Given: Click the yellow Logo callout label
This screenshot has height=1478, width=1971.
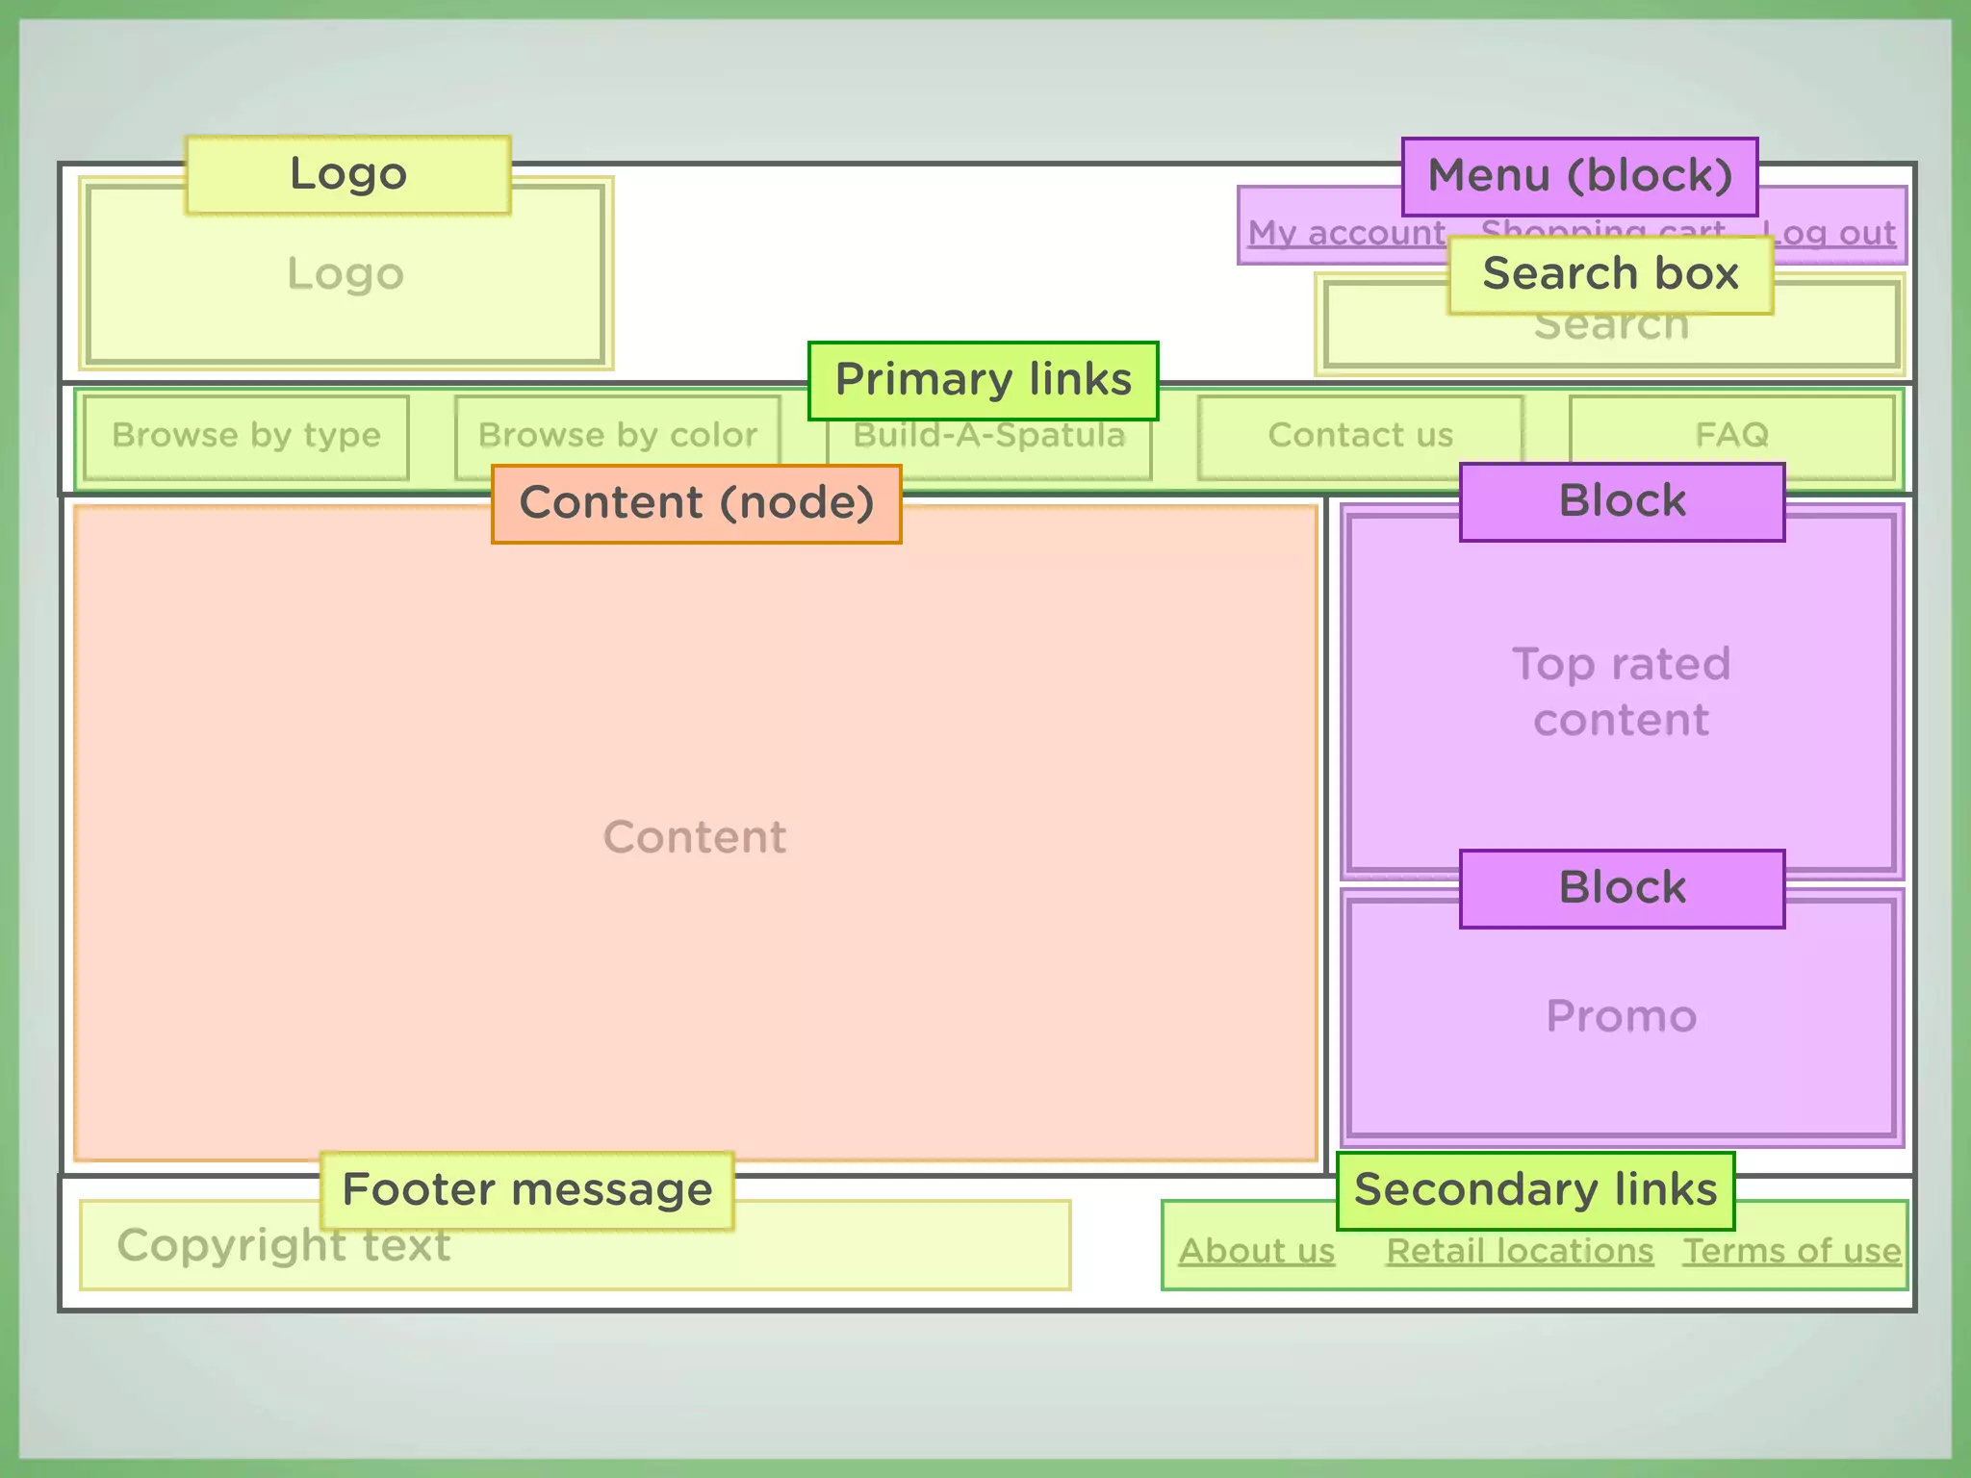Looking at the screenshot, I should click(x=347, y=174).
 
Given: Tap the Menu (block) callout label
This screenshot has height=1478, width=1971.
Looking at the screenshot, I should click(x=1579, y=176).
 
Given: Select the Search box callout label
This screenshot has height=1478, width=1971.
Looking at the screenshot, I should click(x=1610, y=274).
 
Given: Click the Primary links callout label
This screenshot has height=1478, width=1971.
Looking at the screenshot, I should click(x=983, y=380).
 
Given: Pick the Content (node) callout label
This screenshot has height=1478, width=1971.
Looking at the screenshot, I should click(x=696, y=503).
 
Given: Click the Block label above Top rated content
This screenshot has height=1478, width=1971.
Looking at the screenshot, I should click(x=1622, y=501).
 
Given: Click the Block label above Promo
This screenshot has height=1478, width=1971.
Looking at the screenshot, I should click(x=1622, y=888).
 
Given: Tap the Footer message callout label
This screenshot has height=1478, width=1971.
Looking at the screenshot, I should click(x=526, y=1190).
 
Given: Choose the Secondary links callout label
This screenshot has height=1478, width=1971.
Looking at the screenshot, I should click(x=1535, y=1190).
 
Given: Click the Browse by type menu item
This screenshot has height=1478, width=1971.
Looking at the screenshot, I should click(x=246, y=436).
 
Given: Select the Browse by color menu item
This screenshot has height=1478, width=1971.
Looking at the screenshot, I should click(x=617, y=436).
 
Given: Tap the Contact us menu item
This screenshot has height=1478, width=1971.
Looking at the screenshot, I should click(x=1360, y=436).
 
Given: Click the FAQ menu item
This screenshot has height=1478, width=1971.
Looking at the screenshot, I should click(x=1731, y=436).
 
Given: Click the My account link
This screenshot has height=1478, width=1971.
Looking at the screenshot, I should click(x=1345, y=234).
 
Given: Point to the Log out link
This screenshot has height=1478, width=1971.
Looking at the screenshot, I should click(x=1834, y=234).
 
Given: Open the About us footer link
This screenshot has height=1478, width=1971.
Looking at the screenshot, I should click(x=1257, y=1251).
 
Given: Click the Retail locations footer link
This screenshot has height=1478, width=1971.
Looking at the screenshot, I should click(x=1520, y=1251).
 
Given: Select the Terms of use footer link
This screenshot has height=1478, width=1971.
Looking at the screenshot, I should click(x=1792, y=1251).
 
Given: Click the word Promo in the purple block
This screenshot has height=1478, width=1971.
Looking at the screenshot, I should click(x=1622, y=1016).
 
